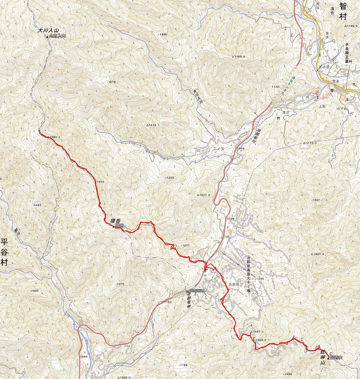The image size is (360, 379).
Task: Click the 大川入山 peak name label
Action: [48, 31]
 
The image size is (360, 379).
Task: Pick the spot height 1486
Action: [163, 48]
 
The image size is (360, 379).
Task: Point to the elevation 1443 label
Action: [37, 205]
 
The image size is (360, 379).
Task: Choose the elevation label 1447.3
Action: [318, 254]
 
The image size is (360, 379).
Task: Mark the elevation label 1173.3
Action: [310, 143]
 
